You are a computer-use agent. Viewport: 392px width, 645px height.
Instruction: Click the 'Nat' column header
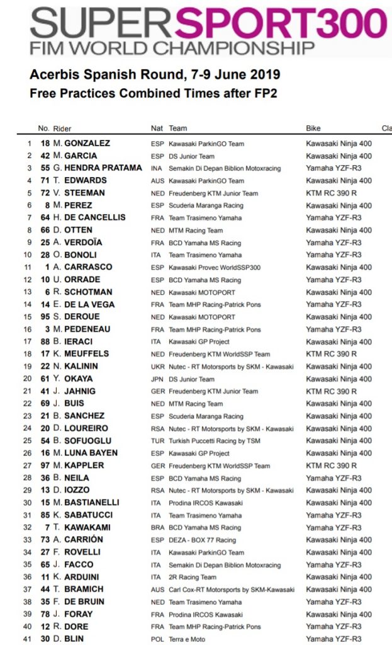(157, 128)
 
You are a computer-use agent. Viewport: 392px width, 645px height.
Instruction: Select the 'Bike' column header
(313, 128)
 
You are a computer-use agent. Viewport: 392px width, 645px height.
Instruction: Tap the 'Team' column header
(177, 128)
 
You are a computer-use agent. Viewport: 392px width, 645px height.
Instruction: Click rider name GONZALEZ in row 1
(86, 143)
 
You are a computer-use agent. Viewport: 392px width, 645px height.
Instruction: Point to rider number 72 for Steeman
(45, 193)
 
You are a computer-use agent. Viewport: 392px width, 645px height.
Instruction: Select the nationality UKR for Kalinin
(157, 367)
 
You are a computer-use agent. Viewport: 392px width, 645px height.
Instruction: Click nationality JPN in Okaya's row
(157, 379)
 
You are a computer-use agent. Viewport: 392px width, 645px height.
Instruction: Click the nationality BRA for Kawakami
(157, 528)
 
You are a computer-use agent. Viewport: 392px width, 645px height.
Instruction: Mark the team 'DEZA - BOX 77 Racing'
(201, 540)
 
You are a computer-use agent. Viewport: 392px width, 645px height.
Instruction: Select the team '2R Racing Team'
(192, 577)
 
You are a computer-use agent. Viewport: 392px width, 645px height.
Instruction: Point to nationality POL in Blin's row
(157, 639)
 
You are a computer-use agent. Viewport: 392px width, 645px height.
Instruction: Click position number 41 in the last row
(27, 639)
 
